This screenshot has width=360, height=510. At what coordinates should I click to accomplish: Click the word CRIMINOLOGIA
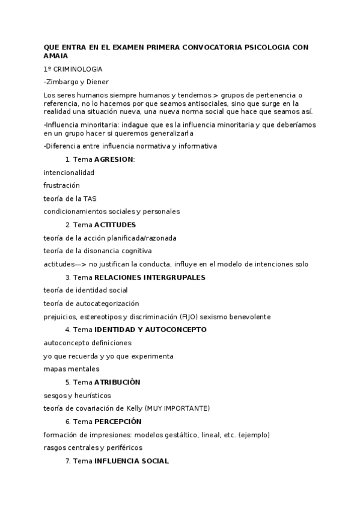(78, 69)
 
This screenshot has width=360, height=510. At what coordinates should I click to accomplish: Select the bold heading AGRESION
(114, 159)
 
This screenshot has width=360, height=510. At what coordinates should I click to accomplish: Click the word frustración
(61, 185)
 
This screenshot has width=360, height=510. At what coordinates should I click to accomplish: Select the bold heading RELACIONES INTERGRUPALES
(150, 277)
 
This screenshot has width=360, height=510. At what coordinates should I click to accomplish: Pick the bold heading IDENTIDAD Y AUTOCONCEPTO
(150, 330)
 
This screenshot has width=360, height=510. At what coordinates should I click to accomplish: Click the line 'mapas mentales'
(72, 369)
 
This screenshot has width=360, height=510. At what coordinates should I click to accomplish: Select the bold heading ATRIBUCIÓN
(117, 382)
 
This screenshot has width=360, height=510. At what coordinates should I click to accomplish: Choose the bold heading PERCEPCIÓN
(118, 422)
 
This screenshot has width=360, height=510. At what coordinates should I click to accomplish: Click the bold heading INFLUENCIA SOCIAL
(132, 461)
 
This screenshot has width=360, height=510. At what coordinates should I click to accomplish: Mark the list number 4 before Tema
(67, 330)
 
